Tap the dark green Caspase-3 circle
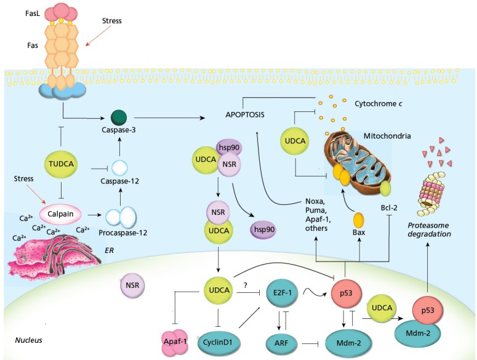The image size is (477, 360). pyautogui.click(x=118, y=116)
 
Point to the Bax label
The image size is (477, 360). pyautogui.click(x=359, y=233)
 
